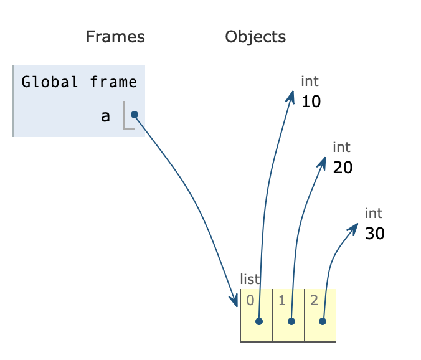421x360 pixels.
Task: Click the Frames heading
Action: point(115,37)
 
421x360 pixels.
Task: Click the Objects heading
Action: point(255,37)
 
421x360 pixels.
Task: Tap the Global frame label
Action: point(79,82)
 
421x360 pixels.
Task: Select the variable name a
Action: point(105,116)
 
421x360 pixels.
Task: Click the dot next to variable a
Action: point(134,115)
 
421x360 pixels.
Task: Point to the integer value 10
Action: point(311,102)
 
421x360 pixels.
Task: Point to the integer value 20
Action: point(343,168)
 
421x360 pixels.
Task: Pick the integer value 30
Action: point(374,234)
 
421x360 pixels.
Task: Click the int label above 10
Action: point(310,81)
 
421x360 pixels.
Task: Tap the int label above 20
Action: point(341,147)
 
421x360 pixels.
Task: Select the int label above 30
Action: point(373,213)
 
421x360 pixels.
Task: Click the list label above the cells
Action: point(250,280)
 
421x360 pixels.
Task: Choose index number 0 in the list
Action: point(250,300)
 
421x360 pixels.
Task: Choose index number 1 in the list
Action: point(282,300)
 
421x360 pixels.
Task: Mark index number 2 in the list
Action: point(314,300)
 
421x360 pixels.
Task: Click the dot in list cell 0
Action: point(259,321)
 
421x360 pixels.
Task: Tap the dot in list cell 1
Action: point(291,321)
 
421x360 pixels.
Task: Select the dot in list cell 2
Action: point(323,321)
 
